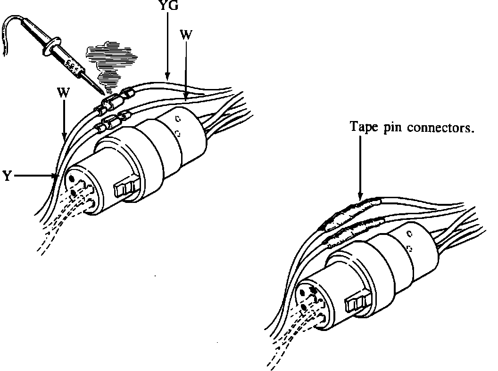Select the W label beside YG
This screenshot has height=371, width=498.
(x=185, y=35)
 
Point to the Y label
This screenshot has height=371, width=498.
(x=7, y=177)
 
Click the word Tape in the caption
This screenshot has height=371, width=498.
(x=361, y=127)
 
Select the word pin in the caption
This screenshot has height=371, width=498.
(x=391, y=128)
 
